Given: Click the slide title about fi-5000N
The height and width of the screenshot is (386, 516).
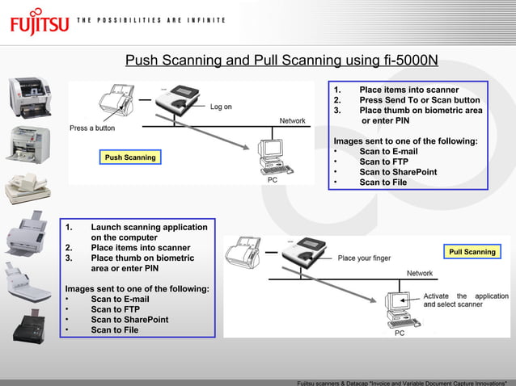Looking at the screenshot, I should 281,61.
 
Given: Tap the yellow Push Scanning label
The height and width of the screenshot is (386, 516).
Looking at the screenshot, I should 129,157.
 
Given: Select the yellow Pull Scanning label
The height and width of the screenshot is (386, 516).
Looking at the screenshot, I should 472,252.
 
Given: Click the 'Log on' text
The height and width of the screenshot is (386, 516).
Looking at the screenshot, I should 221,107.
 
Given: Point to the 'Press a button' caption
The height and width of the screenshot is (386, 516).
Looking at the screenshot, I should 92,128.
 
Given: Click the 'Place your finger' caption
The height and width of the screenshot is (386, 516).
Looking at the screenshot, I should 364,258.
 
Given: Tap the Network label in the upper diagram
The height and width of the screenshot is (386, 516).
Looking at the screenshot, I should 293,121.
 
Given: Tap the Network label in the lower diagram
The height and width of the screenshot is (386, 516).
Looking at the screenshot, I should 420,273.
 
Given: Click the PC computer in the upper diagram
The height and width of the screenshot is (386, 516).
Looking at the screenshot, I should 273,158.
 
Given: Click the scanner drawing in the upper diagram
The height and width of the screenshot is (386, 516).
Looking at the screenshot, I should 118,101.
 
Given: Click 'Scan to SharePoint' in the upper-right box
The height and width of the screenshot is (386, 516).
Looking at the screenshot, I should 398,172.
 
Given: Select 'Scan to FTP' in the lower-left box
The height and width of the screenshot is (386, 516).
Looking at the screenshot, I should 115,309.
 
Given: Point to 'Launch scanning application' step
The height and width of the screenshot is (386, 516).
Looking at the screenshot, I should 149,228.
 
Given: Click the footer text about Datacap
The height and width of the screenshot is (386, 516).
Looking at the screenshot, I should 402,382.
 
